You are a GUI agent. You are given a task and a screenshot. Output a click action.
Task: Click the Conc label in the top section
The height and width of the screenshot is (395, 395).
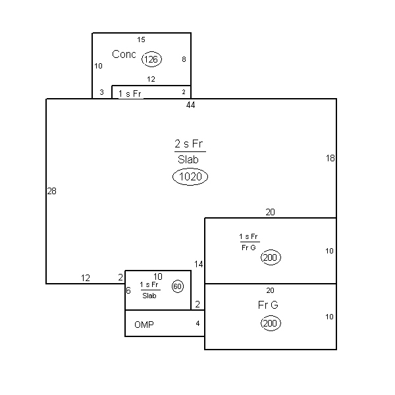tap(124, 54)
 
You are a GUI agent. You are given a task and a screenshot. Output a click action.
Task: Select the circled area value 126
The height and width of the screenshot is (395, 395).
tap(151, 59)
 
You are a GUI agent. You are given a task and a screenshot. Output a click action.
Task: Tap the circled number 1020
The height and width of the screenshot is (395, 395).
tap(190, 176)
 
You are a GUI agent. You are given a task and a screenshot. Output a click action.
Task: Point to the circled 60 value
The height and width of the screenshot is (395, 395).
tap(178, 286)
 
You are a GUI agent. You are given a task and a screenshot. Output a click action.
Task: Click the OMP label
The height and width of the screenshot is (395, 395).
tap(144, 325)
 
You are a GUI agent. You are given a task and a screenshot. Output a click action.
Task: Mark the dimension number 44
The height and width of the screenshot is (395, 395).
tap(190, 105)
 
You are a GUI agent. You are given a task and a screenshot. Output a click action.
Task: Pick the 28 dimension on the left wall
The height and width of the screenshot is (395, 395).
tap(51, 191)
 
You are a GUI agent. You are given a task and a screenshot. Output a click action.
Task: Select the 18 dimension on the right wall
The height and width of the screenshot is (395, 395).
tap(330, 158)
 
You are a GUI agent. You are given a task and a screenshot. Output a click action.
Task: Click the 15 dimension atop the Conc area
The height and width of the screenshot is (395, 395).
tap(141, 39)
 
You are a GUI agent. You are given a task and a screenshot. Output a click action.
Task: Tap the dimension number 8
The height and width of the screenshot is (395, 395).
tap(184, 59)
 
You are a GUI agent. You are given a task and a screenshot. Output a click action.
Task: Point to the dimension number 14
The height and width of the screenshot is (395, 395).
tap(199, 264)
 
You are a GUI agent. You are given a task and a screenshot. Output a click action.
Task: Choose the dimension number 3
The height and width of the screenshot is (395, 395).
tap(101, 92)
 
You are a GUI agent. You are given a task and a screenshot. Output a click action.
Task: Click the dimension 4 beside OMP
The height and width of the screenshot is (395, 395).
tap(197, 323)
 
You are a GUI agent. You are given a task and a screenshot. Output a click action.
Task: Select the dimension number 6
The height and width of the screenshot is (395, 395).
tap(128, 290)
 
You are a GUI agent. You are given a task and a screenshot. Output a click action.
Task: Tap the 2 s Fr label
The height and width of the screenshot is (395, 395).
tap(189, 144)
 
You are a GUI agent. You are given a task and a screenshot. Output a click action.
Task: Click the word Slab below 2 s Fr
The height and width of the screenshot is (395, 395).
tap(188, 159)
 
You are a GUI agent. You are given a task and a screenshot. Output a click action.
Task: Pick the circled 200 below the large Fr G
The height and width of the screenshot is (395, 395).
tap(271, 323)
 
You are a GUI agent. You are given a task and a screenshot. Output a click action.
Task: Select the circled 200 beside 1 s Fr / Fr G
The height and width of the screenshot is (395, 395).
tap(271, 257)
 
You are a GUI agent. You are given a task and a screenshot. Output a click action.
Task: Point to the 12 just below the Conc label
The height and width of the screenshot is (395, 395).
tap(151, 79)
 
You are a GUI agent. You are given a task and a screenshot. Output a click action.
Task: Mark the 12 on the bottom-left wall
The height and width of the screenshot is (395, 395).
tap(86, 278)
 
